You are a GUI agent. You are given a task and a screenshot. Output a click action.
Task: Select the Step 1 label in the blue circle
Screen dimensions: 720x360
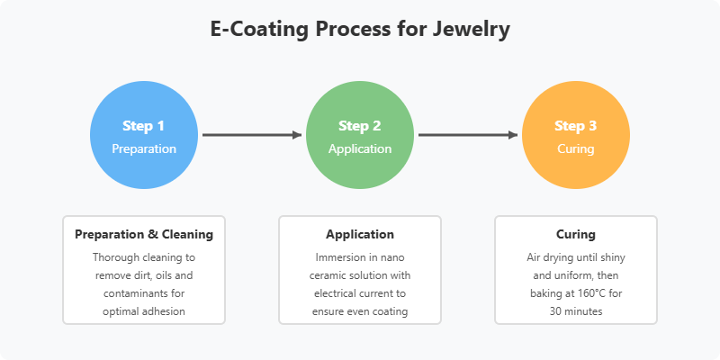pyautogui.click(x=144, y=126)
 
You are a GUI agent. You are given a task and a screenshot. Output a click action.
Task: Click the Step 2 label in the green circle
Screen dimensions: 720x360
pyautogui.click(x=359, y=126)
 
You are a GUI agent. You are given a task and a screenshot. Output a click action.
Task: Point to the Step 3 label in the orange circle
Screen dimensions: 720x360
pyautogui.click(x=575, y=126)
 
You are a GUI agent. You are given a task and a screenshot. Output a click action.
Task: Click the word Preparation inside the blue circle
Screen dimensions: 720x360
pyautogui.click(x=144, y=148)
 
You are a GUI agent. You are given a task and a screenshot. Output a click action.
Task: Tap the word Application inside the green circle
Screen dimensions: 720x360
pyautogui.click(x=359, y=148)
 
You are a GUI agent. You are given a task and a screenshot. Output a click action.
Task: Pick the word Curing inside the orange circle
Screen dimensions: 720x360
pyautogui.click(x=575, y=148)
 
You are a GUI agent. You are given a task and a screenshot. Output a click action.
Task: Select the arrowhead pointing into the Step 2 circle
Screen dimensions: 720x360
pyautogui.click(x=297, y=135)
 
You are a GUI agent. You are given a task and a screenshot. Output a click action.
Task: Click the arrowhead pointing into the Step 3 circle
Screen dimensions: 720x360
pyautogui.click(x=512, y=135)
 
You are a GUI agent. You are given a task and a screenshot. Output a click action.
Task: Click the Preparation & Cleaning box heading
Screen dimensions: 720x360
pyautogui.click(x=144, y=234)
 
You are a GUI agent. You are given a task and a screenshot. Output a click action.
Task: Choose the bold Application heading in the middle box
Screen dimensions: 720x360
pyautogui.click(x=359, y=234)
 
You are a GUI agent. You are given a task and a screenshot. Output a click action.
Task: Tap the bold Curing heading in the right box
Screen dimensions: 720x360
pyautogui.click(x=575, y=234)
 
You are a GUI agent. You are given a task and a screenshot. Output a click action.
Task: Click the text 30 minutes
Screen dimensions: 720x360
pyautogui.click(x=575, y=311)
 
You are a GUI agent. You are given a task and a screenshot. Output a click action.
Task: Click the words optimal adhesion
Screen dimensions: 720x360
pyautogui.click(x=144, y=311)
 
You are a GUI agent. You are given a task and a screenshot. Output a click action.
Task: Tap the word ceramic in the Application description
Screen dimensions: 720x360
pyautogui.click(x=328, y=275)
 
